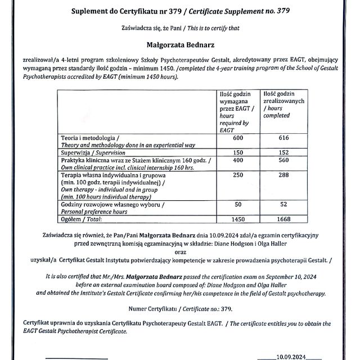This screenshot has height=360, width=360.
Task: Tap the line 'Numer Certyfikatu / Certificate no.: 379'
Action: coord(179,308)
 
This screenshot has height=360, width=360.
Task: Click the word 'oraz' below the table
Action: coord(179,252)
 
